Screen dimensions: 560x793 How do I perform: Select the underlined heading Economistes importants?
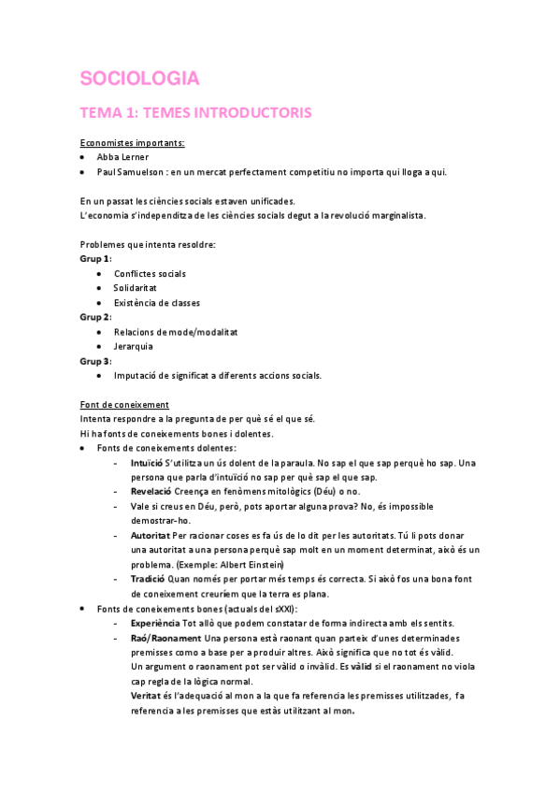click(132, 143)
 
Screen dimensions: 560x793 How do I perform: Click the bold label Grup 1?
click(95, 258)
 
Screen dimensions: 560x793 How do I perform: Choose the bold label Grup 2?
click(95, 317)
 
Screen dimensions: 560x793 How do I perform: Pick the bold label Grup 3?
click(95, 361)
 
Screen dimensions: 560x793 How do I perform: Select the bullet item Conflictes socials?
click(150, 273)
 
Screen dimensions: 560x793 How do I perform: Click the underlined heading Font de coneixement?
click(124, 404)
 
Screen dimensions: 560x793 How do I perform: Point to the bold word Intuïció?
click(148, 463)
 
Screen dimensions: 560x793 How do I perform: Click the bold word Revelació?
click(151, 491)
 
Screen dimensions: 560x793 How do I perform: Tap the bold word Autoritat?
click(151, 535)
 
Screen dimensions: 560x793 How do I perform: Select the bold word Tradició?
click(149, 579)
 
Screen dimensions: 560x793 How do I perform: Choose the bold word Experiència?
click(156, 623)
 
